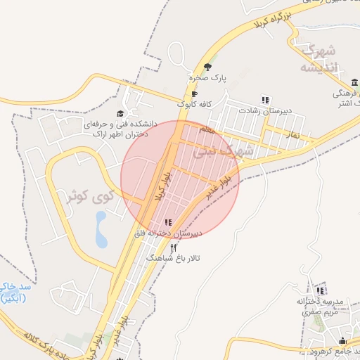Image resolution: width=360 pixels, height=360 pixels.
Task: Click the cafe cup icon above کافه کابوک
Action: click(195, 94)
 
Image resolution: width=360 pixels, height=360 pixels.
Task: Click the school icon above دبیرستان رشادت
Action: click(265, 100)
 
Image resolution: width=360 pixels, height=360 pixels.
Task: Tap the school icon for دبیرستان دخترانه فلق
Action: click(167, 222)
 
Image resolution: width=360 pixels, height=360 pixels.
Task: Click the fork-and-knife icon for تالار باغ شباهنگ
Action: click(173, 247)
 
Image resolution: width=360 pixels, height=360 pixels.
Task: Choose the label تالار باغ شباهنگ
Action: click(173, 258)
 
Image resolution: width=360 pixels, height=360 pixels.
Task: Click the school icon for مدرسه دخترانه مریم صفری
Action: click(321, 290)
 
